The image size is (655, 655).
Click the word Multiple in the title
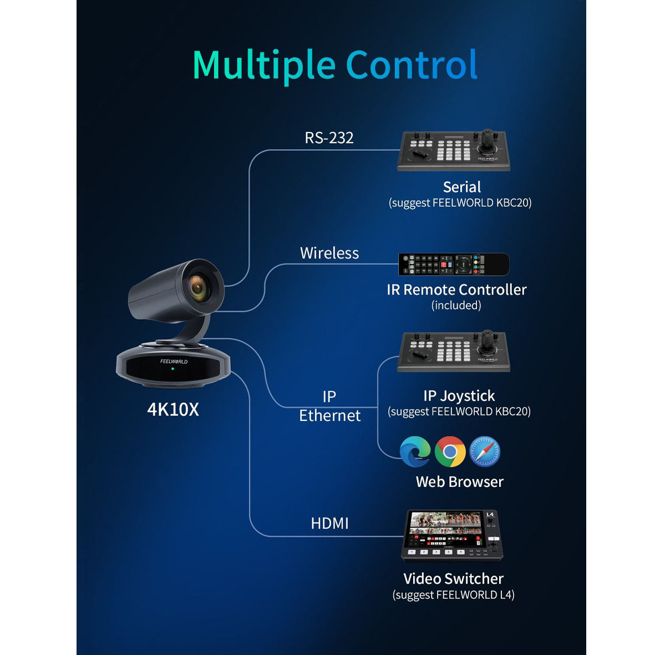(264, 65)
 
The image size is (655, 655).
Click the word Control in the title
(412, 64)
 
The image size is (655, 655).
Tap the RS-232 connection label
(329, 138)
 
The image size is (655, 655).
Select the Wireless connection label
(329, 253)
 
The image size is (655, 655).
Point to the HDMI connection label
(329, 524)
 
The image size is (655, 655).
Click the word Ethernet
(330, 415)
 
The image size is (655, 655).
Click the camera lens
(197, 288)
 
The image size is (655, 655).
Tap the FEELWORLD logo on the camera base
(174, 362)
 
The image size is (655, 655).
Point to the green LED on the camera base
(173, 369)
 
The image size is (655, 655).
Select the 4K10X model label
(173, 409)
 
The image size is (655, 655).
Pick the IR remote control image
(454, 265)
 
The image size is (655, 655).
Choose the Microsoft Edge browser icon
(415, 451)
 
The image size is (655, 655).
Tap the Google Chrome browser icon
(450, 451)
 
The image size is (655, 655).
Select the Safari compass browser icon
(485, 451)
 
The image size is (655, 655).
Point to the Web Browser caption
(460, 482)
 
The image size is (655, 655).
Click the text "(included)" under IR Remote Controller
(456, 306)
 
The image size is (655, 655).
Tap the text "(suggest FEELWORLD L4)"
(453, 595)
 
